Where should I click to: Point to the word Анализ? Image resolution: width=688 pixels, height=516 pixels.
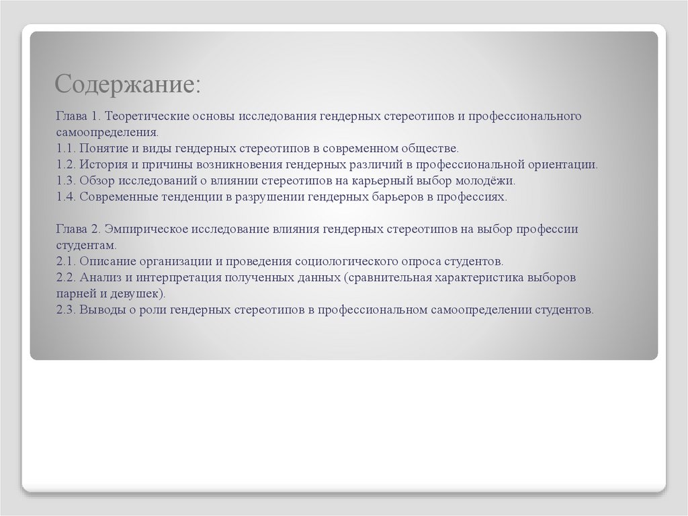(101, 278)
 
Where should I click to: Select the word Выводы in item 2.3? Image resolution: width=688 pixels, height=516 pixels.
(102, 310)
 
